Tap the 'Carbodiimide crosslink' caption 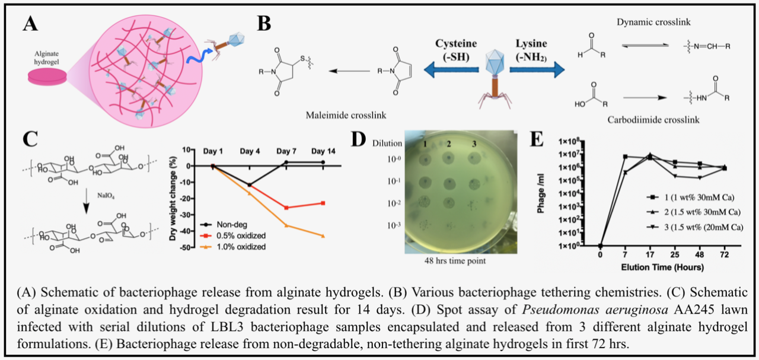[x=653, y=120]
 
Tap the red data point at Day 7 [x=286, y=208]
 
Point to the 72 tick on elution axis [x=724, y=256]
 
